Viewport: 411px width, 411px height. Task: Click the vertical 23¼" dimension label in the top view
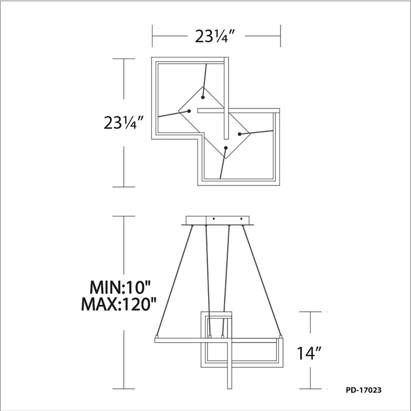click(x=124, y=122)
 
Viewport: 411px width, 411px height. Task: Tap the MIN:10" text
click(x=121, y=287)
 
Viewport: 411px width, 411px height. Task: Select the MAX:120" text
click(x=119, y=304)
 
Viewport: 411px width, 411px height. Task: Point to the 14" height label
click(x=309, y=353)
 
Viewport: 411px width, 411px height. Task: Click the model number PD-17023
click(x=364, y=390)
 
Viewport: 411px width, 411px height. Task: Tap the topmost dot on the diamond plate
click(x=202, y=98)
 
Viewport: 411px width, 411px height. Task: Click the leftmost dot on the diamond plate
click(x=189, y=111)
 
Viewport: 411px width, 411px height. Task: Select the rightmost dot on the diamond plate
click(x=239, y=134)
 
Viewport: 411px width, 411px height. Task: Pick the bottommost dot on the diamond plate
click(x=226, y=148)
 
